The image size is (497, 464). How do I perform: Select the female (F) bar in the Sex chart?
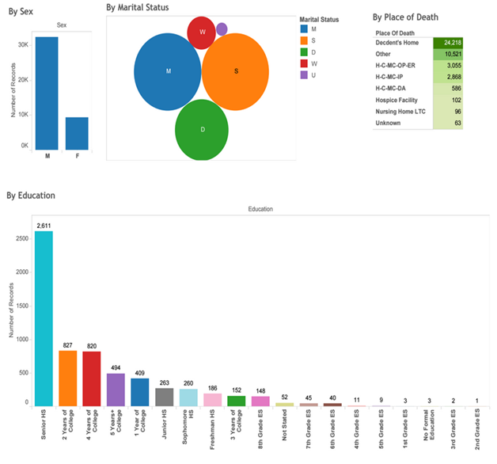(77, 133)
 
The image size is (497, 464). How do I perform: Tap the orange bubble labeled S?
(236, 71)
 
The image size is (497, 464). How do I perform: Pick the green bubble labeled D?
(202, 130)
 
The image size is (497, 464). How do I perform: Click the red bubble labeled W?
(202, 32)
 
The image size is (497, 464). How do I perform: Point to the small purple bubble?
(222, 29)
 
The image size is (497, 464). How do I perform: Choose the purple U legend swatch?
(305, 75)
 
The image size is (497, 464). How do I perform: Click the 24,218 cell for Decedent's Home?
(449, 43)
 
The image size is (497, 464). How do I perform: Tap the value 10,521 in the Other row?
(449, 55)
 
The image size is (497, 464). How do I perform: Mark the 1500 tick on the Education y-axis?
(21, 305)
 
